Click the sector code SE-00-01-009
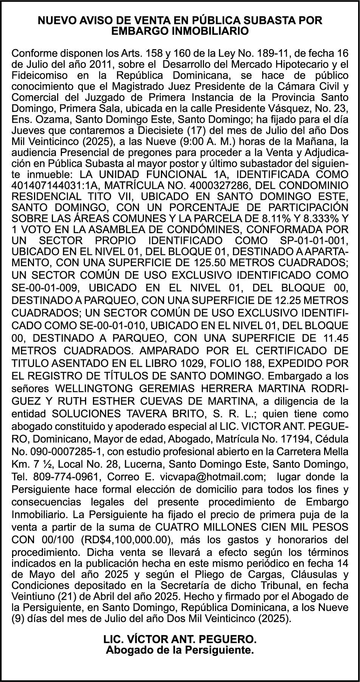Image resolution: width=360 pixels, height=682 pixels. coord(46,288)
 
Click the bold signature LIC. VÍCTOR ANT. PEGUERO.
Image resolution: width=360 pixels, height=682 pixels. coord(180,639)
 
